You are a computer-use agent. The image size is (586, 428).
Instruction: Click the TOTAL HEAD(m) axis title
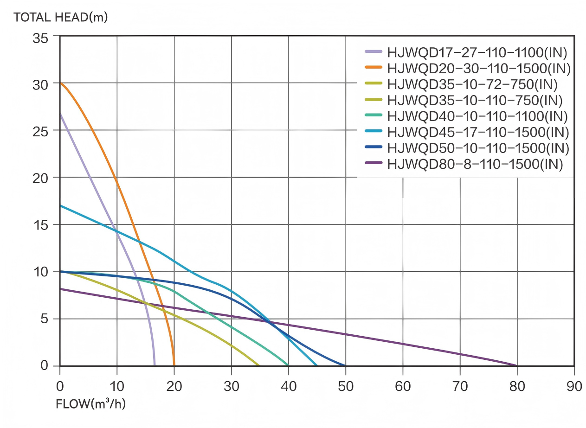pyautogui.click(x=61, y=18)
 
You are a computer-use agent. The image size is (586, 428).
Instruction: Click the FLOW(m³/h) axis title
pyautogui.click(x=90, y=404)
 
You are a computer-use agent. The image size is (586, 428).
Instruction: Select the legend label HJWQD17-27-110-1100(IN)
pyautogui.click(x=477, y=52)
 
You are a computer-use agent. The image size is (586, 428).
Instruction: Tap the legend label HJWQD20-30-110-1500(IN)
pyautogui.click(x=478, y=68)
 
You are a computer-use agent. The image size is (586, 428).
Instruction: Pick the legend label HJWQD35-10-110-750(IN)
pyautogui.click(x=475, y=100)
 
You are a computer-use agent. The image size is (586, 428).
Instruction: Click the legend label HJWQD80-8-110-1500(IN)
pyautogui.click(x=475, y=164)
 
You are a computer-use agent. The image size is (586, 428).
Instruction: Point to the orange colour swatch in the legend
pyautogui.click(x=373, y=68)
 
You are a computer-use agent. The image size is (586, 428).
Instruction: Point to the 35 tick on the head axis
pyautogui.click(x=40, y=38)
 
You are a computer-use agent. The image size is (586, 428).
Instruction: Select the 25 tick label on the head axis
pyautogui.click(x=40, y=131)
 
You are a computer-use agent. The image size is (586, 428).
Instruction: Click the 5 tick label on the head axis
pyautogui.click(x=44, y=319)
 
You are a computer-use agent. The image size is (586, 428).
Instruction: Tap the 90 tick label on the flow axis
pyautogui.click(x=574, y=386)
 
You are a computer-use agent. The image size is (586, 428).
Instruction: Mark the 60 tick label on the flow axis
pyautogui.click(x=403, y=386)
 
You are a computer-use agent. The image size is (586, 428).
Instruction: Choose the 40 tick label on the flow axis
pyautogui.click(x=289, y=386)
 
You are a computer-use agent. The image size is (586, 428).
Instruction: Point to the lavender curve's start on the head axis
pyautogui.click(x=60, y=114)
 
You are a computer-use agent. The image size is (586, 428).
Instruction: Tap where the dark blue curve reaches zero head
pyautogui.click(x=345, y=365)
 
